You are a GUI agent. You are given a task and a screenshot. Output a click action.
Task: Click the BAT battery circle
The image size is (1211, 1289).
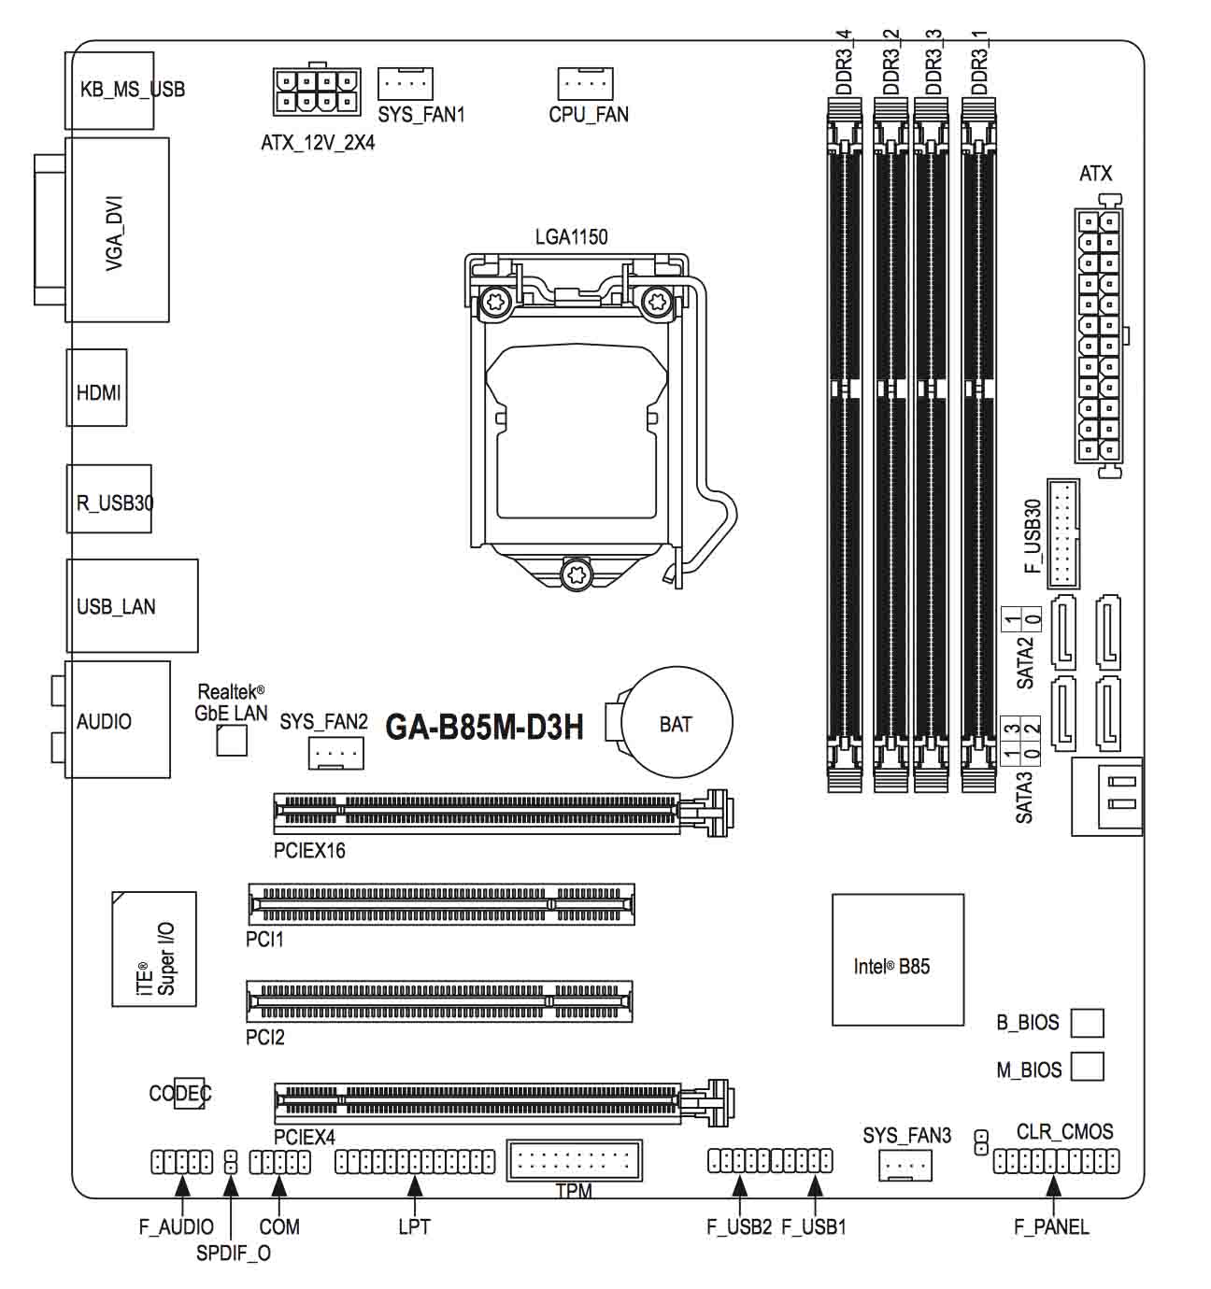click(677, 723)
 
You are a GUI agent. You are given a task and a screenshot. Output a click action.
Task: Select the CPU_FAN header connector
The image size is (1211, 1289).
click(585, 83)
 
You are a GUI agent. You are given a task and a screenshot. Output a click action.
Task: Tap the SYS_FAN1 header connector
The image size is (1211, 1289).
click(406, 83)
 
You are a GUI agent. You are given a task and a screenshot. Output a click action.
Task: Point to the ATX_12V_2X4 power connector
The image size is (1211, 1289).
click(318, 92)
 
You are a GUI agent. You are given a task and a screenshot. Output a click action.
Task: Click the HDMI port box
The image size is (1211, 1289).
click(97, 389)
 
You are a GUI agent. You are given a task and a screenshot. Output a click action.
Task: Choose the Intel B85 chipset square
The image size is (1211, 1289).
click(897, 959)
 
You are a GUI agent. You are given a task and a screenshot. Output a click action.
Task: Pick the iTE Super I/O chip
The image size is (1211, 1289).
click(154, 949)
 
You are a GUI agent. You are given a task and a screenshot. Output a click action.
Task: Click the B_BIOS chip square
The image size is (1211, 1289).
click(1087, 1023)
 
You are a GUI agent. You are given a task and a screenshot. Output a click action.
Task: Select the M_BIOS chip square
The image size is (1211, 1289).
click(1087, 1067)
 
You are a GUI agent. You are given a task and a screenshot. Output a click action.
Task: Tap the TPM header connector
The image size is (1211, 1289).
click(574, 1162)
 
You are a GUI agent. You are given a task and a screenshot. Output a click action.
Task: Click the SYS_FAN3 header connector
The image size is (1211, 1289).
click(905, 1164)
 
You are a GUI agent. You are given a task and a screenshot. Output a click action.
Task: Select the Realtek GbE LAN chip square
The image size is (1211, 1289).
click(232, 740)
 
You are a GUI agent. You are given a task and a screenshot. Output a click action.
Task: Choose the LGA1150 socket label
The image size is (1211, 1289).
click(571, 237)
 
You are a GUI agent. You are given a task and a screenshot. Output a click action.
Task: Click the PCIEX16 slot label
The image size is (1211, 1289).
click(309, 851)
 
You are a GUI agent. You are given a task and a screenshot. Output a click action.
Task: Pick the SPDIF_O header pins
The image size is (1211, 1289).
click(230, 1163)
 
